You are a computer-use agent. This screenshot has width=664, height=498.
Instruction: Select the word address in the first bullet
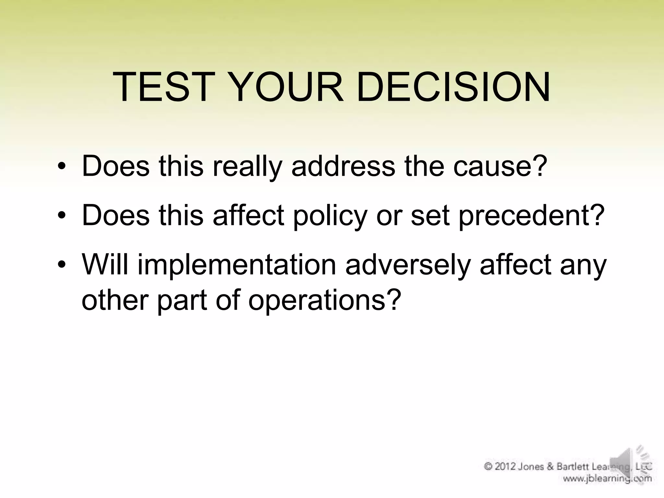tap(343, 166)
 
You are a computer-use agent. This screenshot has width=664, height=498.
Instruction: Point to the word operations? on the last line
tap(323, 300)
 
